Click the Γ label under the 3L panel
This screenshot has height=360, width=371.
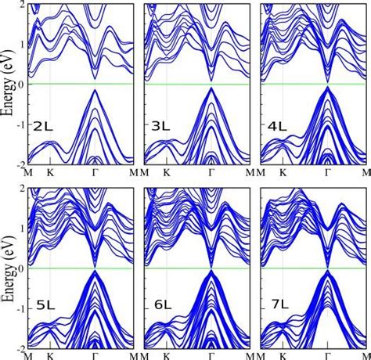click(x=211, y=171)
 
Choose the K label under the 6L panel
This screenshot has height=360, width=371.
click(x=167, y=355)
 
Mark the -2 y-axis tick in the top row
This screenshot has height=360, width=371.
click(x=20, y=164)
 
